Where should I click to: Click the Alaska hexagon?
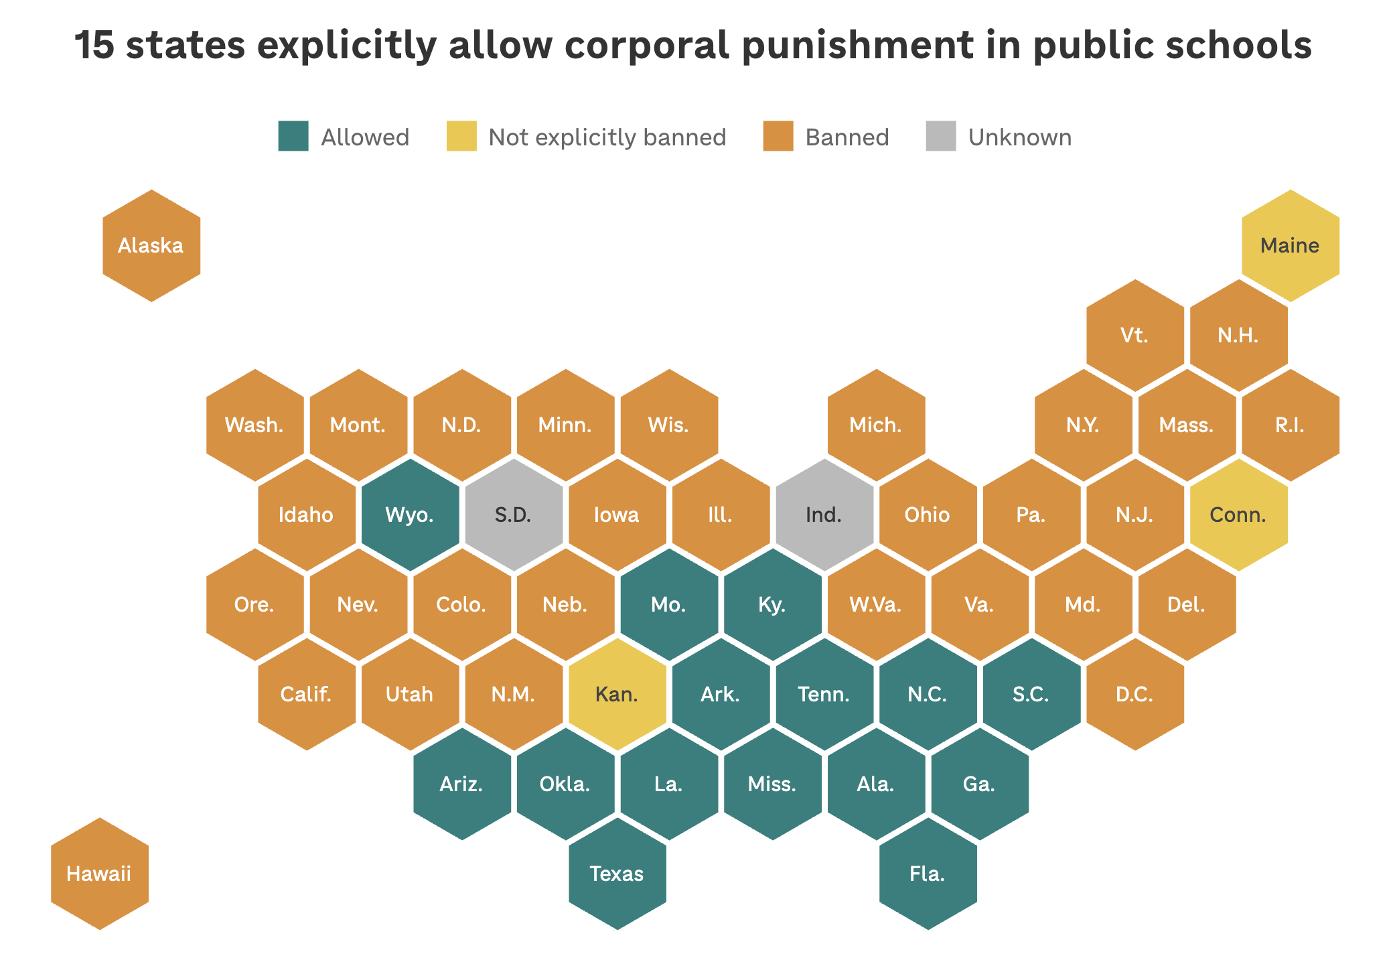pos(151,246)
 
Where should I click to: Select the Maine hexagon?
pos(1291,246)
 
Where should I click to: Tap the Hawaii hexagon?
pos(100,874)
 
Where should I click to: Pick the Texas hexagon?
pos(617,874)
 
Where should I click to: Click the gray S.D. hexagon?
pos(514,514)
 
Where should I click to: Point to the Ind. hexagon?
pos(824,514)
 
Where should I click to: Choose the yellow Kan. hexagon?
pos(617,694)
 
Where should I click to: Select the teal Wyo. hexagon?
pos(411,514)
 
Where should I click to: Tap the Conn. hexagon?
pos(1239,514)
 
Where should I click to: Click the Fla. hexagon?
pos(928,874)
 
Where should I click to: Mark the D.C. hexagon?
pos(1135,694)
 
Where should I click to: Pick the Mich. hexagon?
pos(877,425)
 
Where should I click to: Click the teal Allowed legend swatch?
pos(293,136)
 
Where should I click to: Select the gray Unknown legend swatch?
pos(941,136)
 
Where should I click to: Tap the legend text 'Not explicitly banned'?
pos(607,137)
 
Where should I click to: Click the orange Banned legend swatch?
pos(778,136)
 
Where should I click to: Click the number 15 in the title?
pos(94,46)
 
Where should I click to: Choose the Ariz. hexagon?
pos(462,784)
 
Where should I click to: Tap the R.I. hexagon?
pos(1291,425)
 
